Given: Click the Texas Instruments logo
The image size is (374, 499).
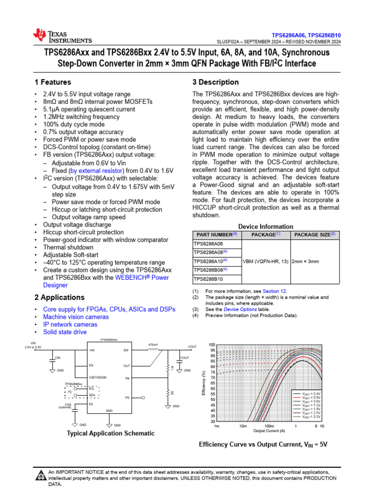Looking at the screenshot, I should [62, 36].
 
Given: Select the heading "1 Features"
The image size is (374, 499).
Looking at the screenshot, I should [53, 82].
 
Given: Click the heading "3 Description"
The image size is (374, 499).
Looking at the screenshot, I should [216, 82].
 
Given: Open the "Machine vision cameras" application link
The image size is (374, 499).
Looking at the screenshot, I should [76, 317].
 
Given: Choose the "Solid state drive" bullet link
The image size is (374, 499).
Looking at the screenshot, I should [65, 332].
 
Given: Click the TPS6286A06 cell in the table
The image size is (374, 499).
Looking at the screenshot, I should [208, 243].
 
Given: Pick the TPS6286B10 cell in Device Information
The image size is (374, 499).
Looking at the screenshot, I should [208, 279].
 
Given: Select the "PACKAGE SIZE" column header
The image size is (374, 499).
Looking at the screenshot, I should [313, 234].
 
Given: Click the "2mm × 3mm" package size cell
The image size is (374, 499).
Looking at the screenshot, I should [306, 261].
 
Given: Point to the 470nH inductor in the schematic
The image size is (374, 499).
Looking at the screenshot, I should [154, 349].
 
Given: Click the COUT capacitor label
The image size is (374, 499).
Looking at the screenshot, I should [184, 358].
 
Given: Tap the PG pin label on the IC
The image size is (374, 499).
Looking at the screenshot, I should [127, 398].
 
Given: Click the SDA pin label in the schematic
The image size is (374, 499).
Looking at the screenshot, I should [91, 395].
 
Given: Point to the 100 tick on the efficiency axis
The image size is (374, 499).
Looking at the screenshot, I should [212, 345].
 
